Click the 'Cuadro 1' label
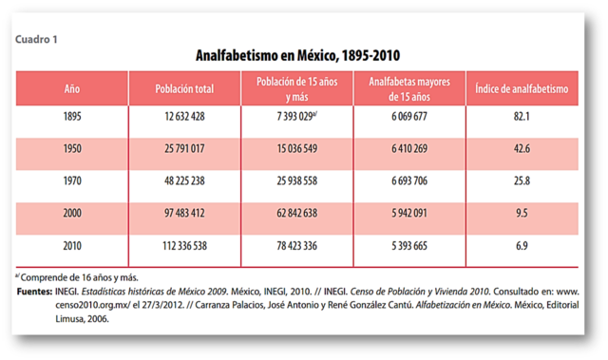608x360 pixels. click(36, 40)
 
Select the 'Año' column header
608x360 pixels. click(71, 88)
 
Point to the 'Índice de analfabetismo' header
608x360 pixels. click(529, 88)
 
